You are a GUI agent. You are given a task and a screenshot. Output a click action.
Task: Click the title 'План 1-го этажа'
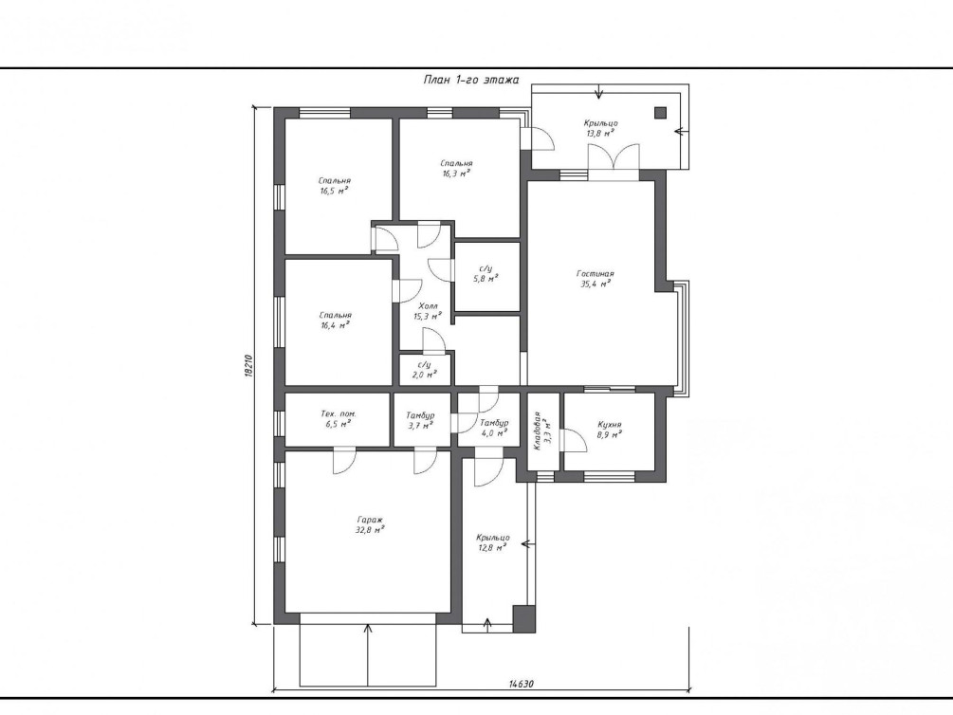[x=471, y=80]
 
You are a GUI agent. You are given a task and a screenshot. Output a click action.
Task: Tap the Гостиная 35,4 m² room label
[x=595, y=279]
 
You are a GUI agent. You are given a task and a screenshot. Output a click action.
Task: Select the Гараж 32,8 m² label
[x=370, y=524]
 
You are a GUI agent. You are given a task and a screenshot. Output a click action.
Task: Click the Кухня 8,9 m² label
[x=609, y=430]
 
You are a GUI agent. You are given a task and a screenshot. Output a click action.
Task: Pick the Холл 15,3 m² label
[x=428, y=311]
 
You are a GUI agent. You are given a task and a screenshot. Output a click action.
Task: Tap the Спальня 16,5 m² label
[x=335, y=186]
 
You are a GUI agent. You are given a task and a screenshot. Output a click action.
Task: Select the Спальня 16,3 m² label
[x=456, y=168]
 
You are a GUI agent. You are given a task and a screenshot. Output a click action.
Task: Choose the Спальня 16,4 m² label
[x=335, y=320]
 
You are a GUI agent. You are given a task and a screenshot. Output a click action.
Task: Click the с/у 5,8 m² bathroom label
[x=486, y=273]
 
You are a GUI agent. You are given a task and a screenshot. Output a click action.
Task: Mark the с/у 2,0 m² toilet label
[x=424, y=370]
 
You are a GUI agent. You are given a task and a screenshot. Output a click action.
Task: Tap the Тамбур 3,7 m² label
[x=420, y=420]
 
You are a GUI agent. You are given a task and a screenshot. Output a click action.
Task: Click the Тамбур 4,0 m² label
[x=493, y=428]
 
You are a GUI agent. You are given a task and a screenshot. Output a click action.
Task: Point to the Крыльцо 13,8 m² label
[x=600, y=128]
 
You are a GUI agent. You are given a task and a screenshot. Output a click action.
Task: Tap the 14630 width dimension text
[x=521, y=684]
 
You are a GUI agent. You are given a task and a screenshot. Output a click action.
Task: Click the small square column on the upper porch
[x=660, y=113]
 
